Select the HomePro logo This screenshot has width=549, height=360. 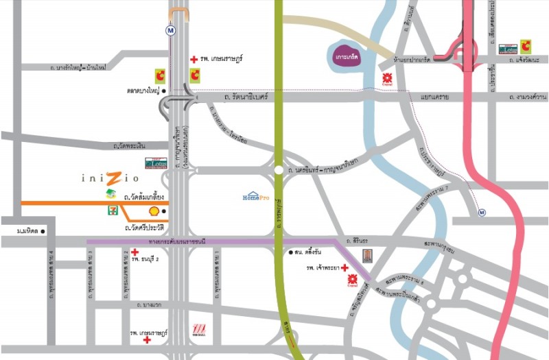click(x=254, y=196)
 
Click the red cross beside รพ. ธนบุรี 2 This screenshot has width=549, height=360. click(x=135, y=252)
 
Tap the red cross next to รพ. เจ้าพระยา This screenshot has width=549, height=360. click(x=344, y=267)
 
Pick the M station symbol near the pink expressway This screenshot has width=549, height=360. click(x=483, y=212)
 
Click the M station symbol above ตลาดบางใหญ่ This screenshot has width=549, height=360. click(x=170, y=31)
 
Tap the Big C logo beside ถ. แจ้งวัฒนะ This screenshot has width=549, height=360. click(x=525, y=46)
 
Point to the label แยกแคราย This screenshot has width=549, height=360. click(x=435, y=97)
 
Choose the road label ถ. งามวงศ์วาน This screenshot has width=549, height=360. click(x=527, y=97)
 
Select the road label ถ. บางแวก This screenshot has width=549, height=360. click(x=149, y=304)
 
